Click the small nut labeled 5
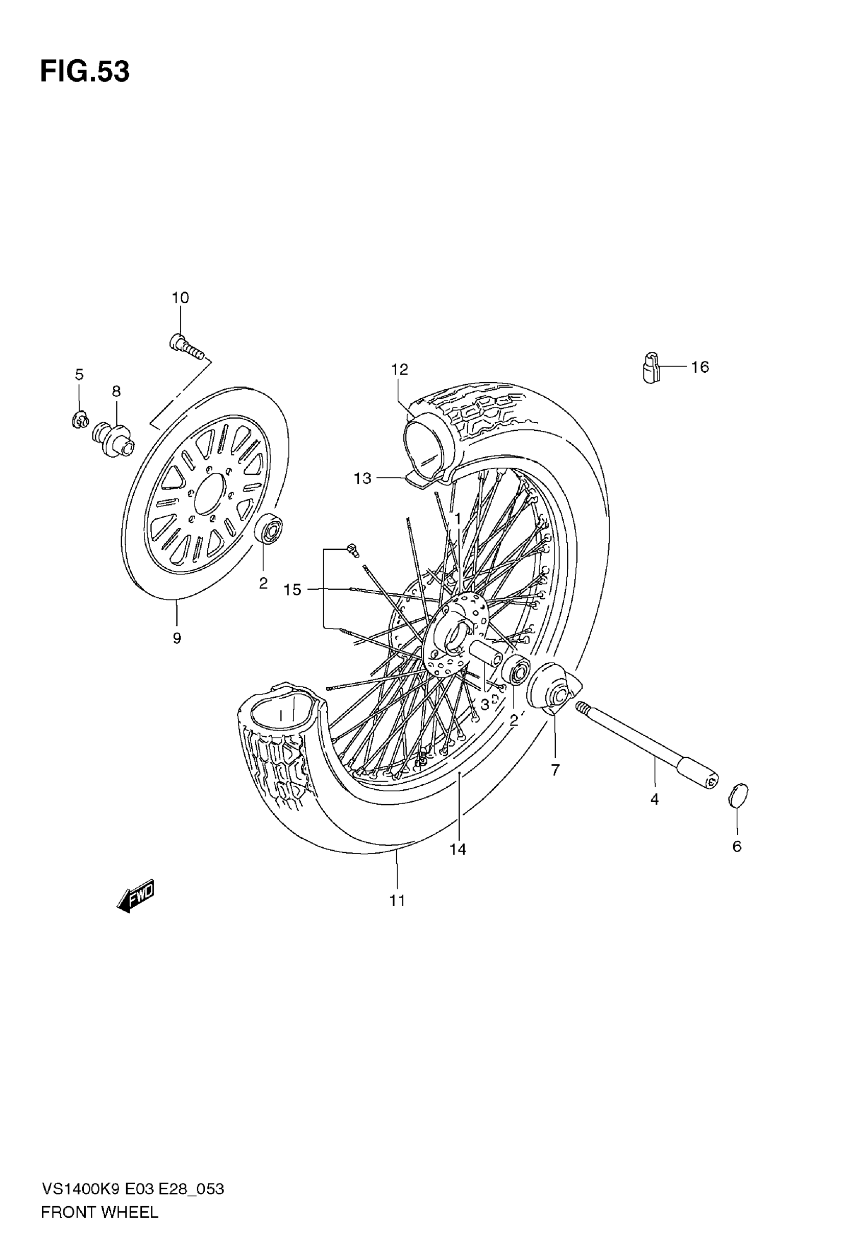(x=80, y=419)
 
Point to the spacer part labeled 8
(x=114, y=438)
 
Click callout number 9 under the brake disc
(x=177, y=638)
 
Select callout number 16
(x=700, y=367)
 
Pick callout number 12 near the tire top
(x=399, y=369)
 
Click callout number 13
(x=362, y=478)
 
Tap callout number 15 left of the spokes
(x=292, y=589)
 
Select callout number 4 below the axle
(x=654, y=799)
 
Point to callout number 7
(x=556, y=770)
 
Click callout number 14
(x=457, y=849)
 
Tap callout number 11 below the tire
(x=397, y=901)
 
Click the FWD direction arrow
(x=136, y=896)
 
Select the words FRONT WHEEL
(x=100, y=1212)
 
